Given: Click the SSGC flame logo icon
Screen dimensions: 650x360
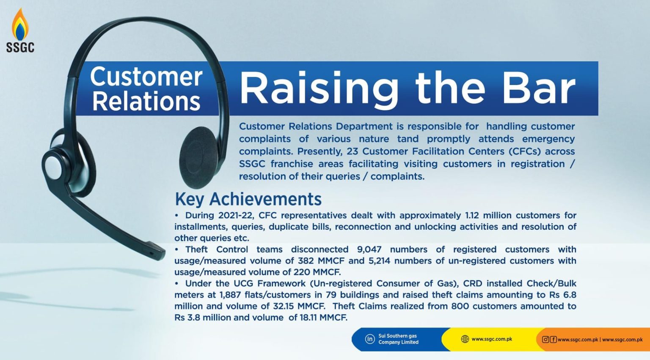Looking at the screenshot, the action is [20, 24].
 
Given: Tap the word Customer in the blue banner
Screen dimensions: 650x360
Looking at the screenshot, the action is [146, 77].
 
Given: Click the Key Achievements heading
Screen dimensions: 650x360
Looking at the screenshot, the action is [248, 199].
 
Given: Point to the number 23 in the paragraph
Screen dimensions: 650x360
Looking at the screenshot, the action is [353, 151].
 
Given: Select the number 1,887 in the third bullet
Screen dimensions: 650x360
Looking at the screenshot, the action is [230, 295].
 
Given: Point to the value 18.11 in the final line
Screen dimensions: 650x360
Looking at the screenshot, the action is [308, 318].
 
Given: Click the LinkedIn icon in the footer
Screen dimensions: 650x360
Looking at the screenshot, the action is [370, 339].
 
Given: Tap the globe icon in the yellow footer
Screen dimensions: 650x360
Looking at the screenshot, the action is [465, 339].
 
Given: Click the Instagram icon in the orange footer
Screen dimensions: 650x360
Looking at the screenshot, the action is [545, 339].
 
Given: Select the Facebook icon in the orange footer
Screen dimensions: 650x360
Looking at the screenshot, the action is [553, 339].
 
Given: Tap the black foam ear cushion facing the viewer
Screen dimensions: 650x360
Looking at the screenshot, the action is [199, 157].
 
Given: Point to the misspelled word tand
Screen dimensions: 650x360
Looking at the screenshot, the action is [408, 139].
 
